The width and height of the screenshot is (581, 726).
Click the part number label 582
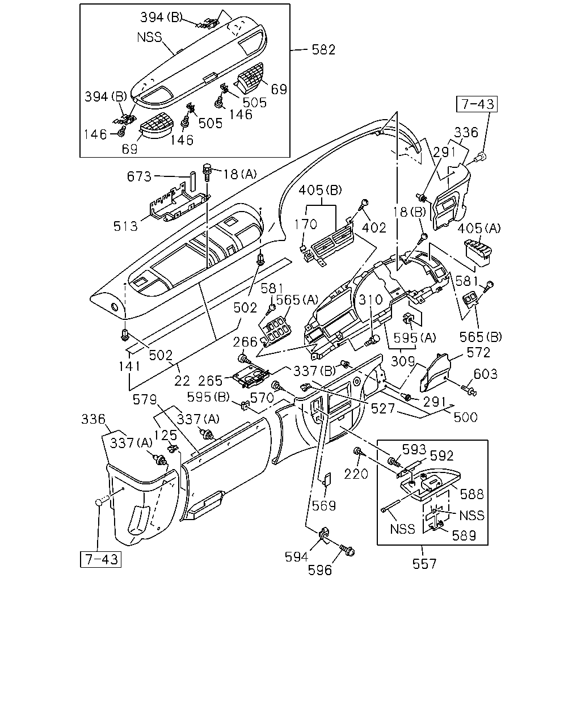pos(323,50)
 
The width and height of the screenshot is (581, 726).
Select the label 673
pos(139,176)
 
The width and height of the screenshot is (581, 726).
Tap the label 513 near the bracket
pos(125,226)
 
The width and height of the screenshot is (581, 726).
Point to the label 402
pos(374,228)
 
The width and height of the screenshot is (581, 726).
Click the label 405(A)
pos(479,229)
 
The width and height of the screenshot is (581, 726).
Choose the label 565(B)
pos(481,337)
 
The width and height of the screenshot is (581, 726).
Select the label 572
pos(478,353)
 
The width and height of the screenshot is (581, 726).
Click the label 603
pos(486,374)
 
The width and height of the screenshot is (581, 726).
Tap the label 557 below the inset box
pos(424,564)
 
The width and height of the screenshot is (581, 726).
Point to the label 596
pos(319,571)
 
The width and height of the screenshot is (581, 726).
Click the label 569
pos(324,506)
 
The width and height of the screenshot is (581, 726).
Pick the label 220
pos(356,474)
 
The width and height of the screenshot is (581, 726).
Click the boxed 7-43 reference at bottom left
pos(100,559)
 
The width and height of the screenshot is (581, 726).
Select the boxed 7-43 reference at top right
pos(477,104)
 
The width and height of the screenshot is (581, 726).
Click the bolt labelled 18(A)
pos(207,172)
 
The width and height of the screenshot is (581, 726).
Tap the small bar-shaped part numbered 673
pos(192,181)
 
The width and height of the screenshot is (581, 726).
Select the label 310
pos(371,299)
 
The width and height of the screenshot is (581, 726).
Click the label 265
pos(210,381)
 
